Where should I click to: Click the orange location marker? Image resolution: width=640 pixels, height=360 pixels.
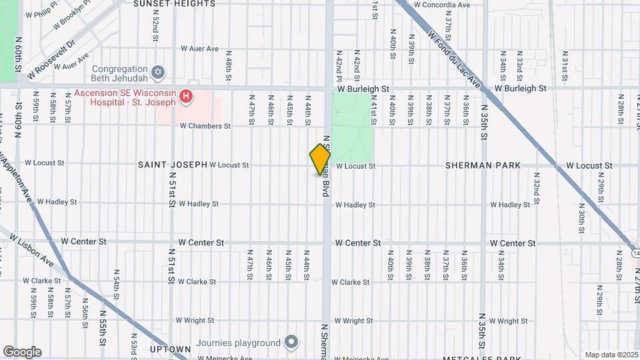[x=320, y=159]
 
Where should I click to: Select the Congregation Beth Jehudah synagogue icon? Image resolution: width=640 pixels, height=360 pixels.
[x=158, y=71]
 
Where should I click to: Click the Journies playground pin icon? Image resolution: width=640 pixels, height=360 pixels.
[x=291, y=343]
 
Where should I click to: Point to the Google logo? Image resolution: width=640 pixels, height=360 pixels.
[x=22, y=352]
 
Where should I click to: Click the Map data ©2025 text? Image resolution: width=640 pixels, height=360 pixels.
[x=611, y=355]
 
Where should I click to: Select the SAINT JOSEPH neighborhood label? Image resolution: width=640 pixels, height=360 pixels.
[x=173, y=165]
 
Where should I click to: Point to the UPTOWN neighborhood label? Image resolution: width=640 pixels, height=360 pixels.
[x=167, y=349]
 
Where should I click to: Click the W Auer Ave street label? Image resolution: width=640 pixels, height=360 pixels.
[x=200, y=49]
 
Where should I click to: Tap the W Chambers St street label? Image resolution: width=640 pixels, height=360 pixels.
[x=205, y=125]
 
